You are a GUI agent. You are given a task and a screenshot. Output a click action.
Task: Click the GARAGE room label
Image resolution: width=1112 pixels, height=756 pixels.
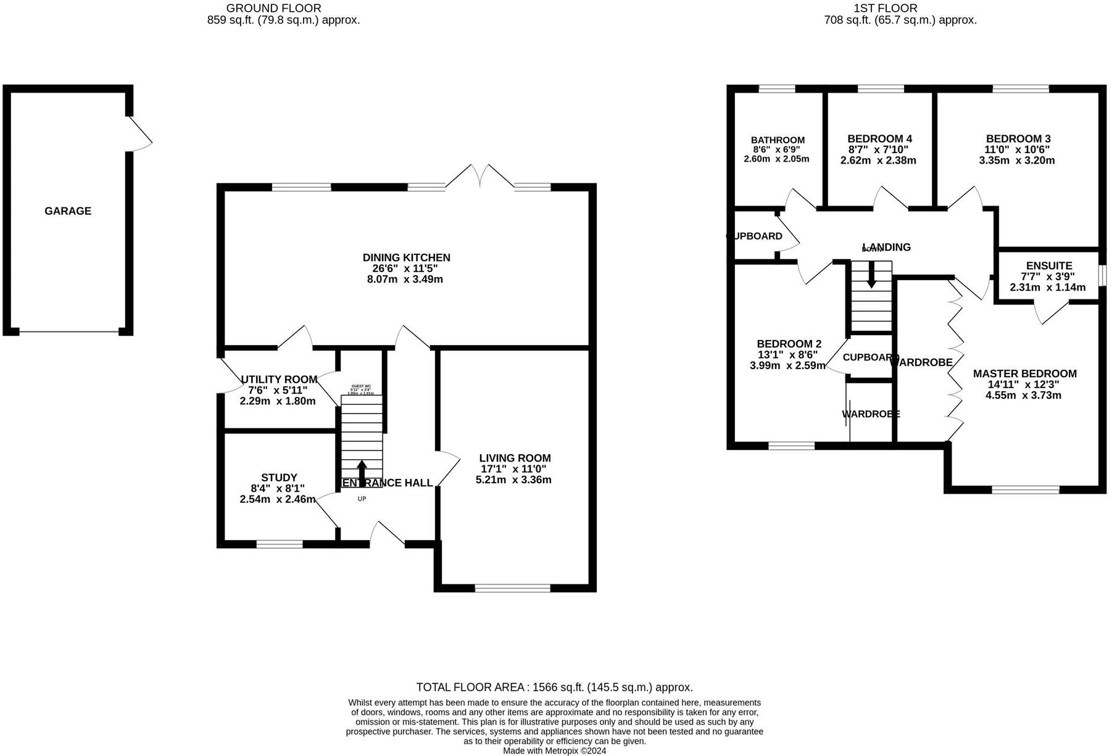click(x=68, y=211)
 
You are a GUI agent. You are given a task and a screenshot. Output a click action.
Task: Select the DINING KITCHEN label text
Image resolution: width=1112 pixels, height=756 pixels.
click(x=406, y=257)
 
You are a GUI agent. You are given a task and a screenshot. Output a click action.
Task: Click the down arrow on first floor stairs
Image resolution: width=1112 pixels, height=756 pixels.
click(x=871, y=275)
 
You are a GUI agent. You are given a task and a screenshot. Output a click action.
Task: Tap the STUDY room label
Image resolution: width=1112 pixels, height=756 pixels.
click(x=279, y=478)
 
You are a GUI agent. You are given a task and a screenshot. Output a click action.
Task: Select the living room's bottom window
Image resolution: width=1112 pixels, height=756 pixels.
click(x=512, y=588)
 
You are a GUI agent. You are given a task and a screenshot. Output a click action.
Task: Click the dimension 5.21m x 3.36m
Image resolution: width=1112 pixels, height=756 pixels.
click(x=513, y=480)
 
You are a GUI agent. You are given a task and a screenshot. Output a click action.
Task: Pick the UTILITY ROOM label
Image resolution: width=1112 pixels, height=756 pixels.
click(x=279, y=380)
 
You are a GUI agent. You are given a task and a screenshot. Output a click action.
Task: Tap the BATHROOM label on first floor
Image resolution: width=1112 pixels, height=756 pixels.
click(x=778, y=140)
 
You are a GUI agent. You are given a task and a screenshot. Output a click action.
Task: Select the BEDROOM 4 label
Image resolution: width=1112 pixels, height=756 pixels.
click(x=879, y=139)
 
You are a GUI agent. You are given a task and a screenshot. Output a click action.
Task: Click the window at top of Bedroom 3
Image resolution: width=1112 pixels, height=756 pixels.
click(x=1020, y=89)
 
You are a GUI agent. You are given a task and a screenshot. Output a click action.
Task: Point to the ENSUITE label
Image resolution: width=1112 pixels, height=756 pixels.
click(x=1049, y=266)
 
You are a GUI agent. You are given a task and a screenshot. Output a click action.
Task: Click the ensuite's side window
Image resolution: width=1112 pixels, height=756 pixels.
click(x=1102, y=275)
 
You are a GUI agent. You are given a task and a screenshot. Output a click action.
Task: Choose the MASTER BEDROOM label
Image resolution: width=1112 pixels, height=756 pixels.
click(x=1024, y=373)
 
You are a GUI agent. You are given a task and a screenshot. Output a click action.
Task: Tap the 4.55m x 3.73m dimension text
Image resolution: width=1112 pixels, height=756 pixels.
click(x=1023, y=395)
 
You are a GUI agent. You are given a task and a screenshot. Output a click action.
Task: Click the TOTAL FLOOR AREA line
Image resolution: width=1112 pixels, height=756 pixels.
click(x=554, y=687)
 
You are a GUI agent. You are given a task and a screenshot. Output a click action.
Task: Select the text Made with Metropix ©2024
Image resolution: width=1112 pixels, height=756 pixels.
click(x=554, y=751)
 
